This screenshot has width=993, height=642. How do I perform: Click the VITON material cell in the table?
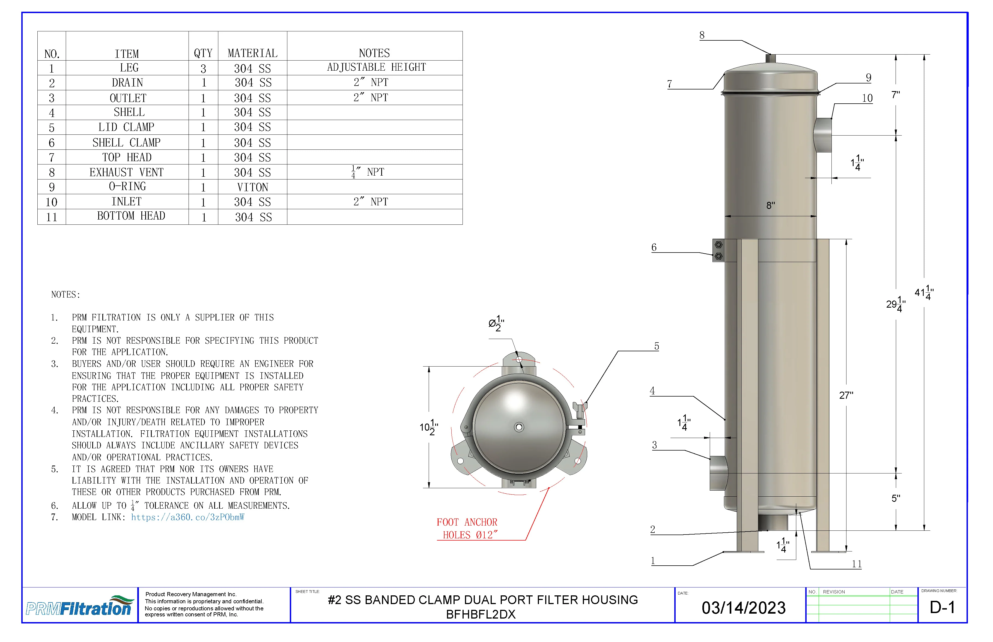252,187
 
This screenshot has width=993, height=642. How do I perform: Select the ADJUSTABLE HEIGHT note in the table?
376,67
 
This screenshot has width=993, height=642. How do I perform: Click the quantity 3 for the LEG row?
203,68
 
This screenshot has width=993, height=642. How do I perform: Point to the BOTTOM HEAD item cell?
131,216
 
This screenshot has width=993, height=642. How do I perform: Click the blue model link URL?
188,517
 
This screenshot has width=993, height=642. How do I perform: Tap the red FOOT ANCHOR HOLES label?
467,529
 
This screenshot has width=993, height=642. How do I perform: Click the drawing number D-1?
942,607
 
